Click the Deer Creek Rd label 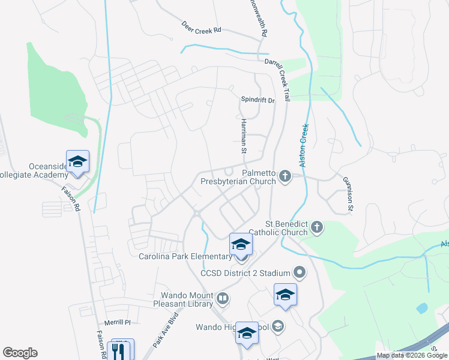coord(201,28)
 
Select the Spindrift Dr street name coord(257,100)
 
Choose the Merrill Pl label coord(117,322)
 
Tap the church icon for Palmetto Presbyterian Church coord(285,176)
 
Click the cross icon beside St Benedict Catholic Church coord(317,227)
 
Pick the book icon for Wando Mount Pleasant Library coord(222,298)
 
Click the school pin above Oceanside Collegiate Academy coord(77,161)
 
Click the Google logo coord(20,353)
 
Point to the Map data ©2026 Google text coord(412,355)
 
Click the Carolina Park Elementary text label coord(185,257)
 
